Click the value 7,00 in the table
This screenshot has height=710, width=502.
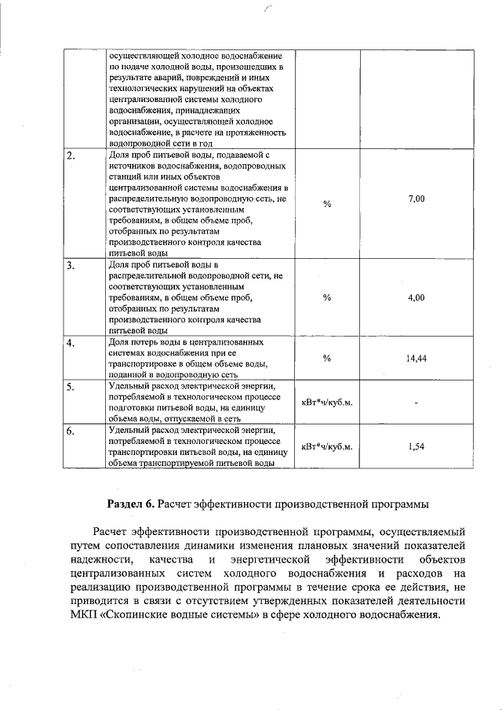[x=417, y=200]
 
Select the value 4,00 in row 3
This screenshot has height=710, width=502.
[x=417, y=297]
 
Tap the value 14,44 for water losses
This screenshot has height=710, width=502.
[x=416, y=359]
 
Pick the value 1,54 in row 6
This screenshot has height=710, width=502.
[x=417, y=446]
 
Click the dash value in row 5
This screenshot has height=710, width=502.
[x=417, y=403]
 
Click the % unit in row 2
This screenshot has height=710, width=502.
[x=327, y=204]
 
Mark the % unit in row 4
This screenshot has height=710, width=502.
[x=327, y=359]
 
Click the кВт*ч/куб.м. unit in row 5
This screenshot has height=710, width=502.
[x=327, y=402]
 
